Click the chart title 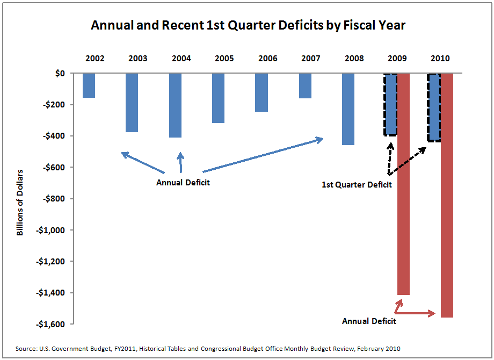click(248, 25)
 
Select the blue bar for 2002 click(89, 85)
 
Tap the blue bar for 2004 click(175, 105)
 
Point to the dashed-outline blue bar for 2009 click(390, 104)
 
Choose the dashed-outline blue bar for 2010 click(434, 107)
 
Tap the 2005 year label click(224, 58)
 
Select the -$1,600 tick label click(48, 325)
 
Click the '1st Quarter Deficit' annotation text click(357, 185)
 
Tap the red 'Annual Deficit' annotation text click(369, 321)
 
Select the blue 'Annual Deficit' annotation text click(183, 183)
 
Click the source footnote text click(208, 349)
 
